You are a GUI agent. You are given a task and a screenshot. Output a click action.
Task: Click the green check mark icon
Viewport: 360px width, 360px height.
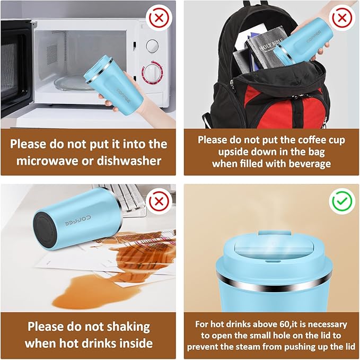point(342,201)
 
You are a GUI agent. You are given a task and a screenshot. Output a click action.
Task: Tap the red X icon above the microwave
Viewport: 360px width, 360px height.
point(159,18)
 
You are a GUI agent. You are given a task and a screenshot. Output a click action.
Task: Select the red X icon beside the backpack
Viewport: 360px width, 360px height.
point(342,18)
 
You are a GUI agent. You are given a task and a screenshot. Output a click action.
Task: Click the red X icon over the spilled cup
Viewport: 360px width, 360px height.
point(159,201)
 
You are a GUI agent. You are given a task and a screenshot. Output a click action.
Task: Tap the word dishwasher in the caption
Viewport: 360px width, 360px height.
point(129,160)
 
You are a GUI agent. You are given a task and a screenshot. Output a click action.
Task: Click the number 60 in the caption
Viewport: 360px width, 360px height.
point(284,324)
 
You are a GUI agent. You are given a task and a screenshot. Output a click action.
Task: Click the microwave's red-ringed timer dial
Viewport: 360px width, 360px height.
point(152,72)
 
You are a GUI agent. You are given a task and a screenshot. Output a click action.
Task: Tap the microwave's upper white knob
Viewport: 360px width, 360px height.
point(152,45)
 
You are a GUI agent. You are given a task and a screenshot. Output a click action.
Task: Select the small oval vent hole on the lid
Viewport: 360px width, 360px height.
point(273,261)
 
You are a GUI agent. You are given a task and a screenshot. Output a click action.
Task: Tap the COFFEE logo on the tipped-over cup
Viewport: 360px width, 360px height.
point(77,221)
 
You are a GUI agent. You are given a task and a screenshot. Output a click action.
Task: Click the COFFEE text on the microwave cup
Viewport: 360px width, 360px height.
point(124,96)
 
